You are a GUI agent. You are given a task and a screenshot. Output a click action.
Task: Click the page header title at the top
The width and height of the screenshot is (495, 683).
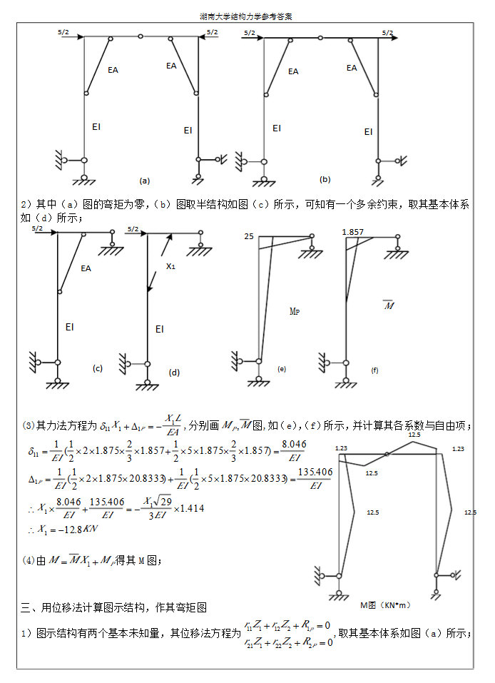click(x=247, y=16)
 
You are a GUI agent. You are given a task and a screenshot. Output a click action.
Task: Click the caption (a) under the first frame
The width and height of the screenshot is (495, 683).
click(x=145, y=180)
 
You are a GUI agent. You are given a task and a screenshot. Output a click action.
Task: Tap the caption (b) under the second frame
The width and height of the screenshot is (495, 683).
click(x=325, y=179)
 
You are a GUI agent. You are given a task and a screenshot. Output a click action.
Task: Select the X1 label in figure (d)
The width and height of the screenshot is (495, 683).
click(x=170, y=266)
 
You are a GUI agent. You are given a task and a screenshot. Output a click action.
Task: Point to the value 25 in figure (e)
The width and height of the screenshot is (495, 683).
click(x=248, y=236)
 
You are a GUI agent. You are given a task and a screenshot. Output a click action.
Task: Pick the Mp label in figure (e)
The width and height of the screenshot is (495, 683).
click(x=295, y=311)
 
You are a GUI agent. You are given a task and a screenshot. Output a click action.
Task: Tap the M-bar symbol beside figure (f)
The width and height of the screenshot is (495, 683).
click(x=389, y=305)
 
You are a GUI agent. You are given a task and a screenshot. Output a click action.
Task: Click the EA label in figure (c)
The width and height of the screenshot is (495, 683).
click(x=86, y=269)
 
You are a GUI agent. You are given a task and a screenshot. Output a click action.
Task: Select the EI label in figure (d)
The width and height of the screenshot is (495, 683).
click(x=159, y=329)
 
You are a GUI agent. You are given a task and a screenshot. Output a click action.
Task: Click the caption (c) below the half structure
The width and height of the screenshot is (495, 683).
click(x=98, y=368)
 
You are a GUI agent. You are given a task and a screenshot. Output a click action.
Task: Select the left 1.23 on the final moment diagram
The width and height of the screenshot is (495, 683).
click(x=340, y=448)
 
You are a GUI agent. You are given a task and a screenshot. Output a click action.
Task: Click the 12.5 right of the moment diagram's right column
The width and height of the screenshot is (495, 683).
click(x=470, y=512)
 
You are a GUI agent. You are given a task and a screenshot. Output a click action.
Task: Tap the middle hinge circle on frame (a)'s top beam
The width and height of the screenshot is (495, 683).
click(x=141, y=36)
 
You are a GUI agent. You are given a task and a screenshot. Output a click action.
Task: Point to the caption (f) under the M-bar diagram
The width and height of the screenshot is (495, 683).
click(x=374, y=370)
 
